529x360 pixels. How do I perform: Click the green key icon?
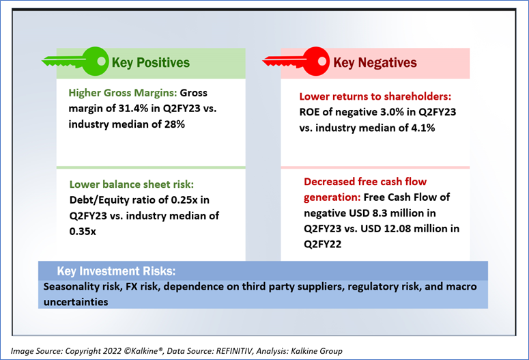pos(74,62)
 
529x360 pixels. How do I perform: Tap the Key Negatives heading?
pos(375,63)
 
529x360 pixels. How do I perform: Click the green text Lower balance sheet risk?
pos(131,184)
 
